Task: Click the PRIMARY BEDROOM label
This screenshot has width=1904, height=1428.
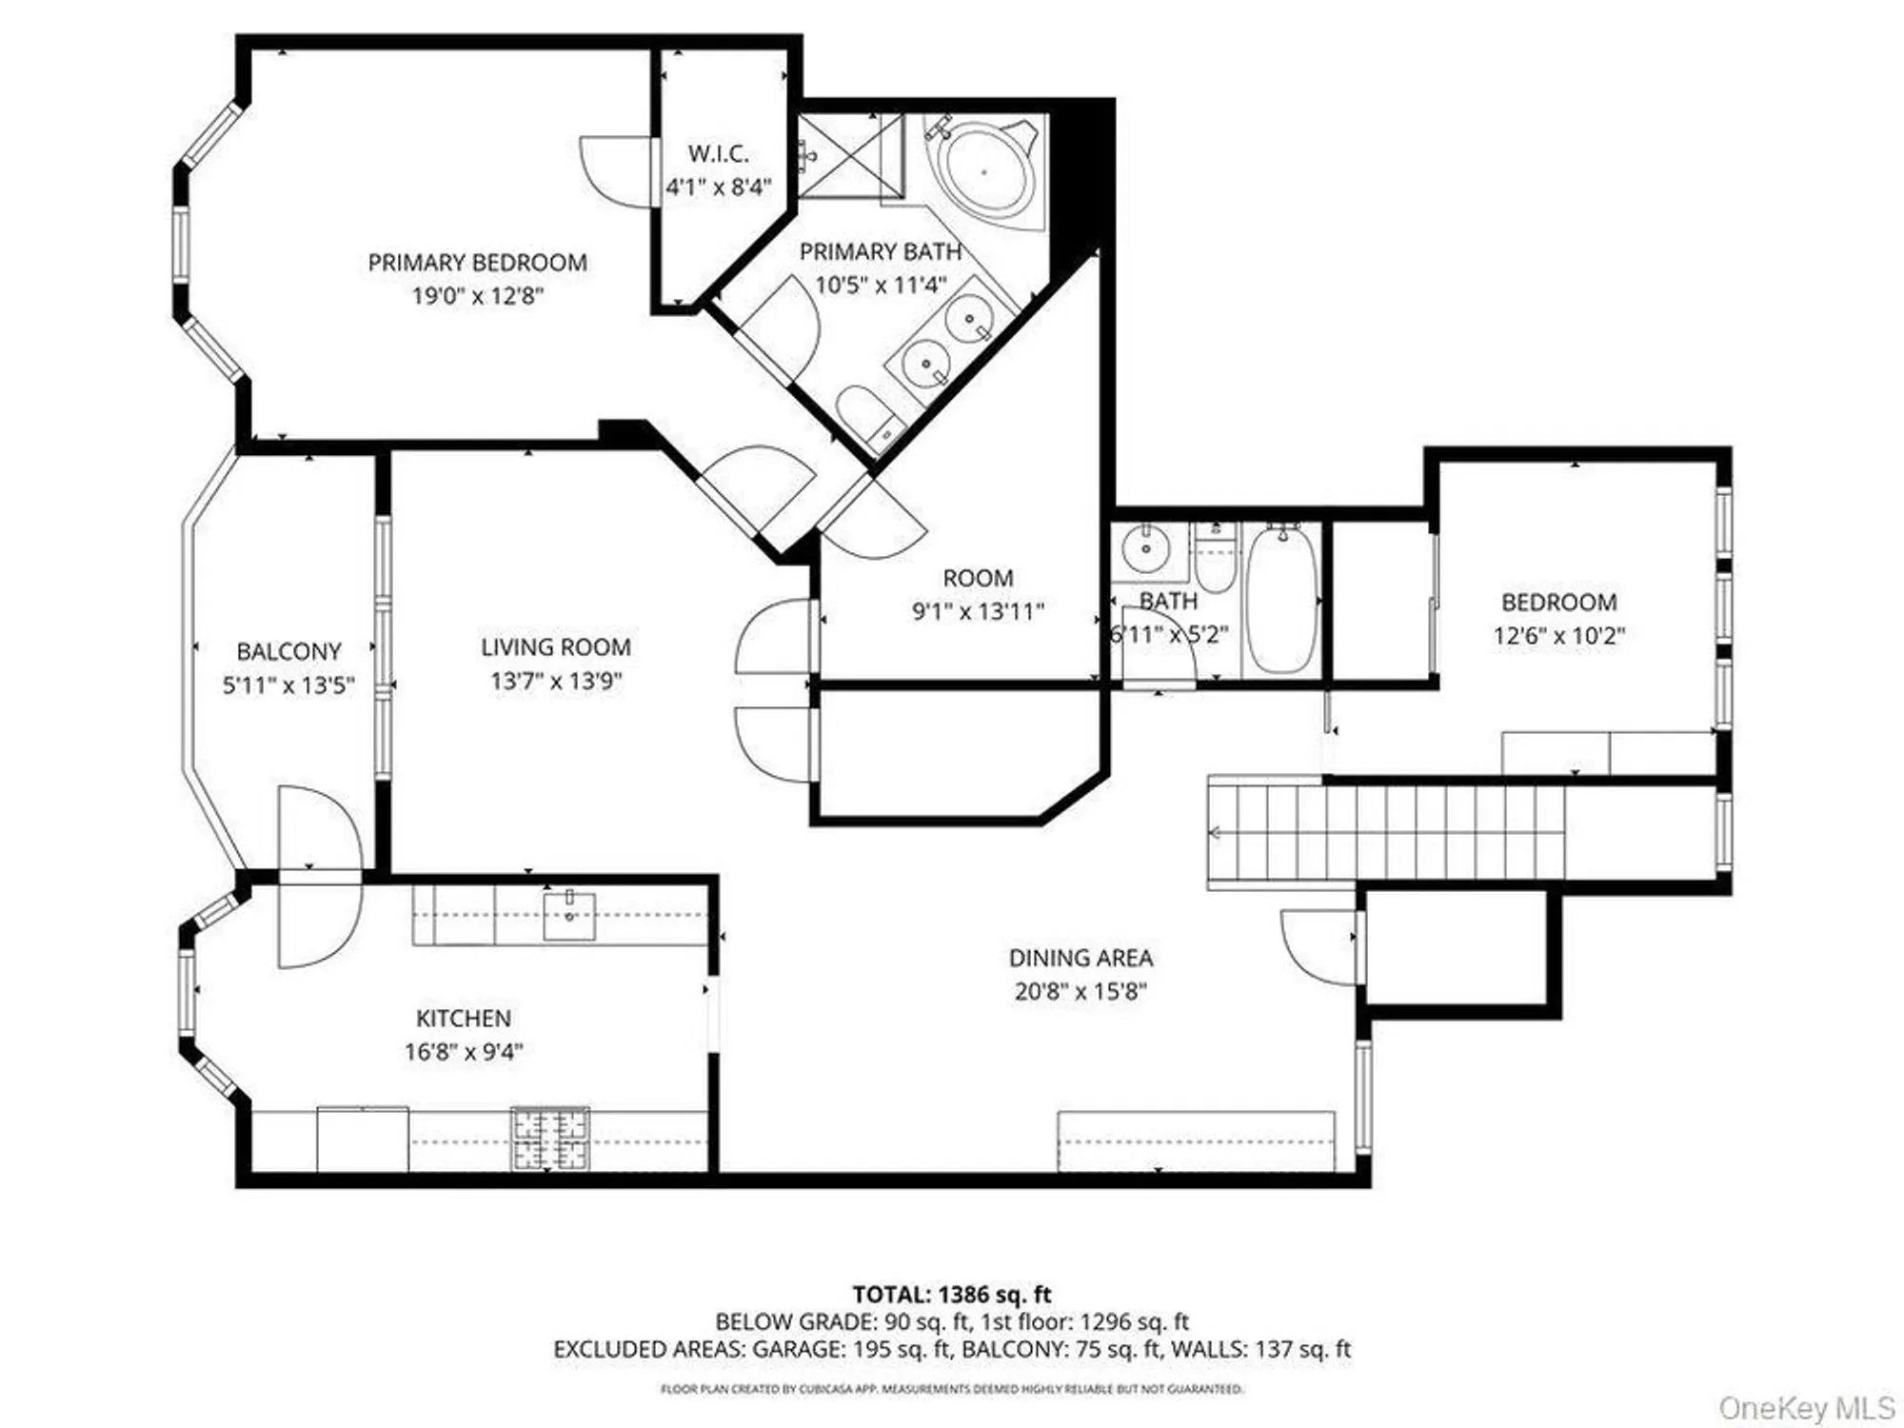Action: tap(477, 263)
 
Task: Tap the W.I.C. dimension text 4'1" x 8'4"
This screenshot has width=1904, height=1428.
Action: tap(718, 188)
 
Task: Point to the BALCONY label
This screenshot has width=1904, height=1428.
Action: tap(288, 652)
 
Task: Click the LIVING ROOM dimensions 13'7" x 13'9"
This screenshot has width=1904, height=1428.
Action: tap(556, 682)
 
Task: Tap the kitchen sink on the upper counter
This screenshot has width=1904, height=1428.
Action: tap(569, 915)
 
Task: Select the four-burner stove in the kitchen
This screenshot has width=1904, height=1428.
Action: tap(550, 1139)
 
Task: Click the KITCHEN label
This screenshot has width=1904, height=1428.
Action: tap(464, 1019)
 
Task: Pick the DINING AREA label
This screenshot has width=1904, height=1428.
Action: tap(1081, 958)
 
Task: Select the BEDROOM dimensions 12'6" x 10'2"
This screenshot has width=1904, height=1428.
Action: tap(1558, 636)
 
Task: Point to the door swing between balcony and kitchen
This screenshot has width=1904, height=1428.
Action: tap(319, 876)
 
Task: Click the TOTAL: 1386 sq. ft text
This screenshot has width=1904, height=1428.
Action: tap(951, 1295)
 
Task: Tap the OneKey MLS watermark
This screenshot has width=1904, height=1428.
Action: tap(1806, 1407)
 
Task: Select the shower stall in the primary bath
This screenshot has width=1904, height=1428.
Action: tap(850, 155)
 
